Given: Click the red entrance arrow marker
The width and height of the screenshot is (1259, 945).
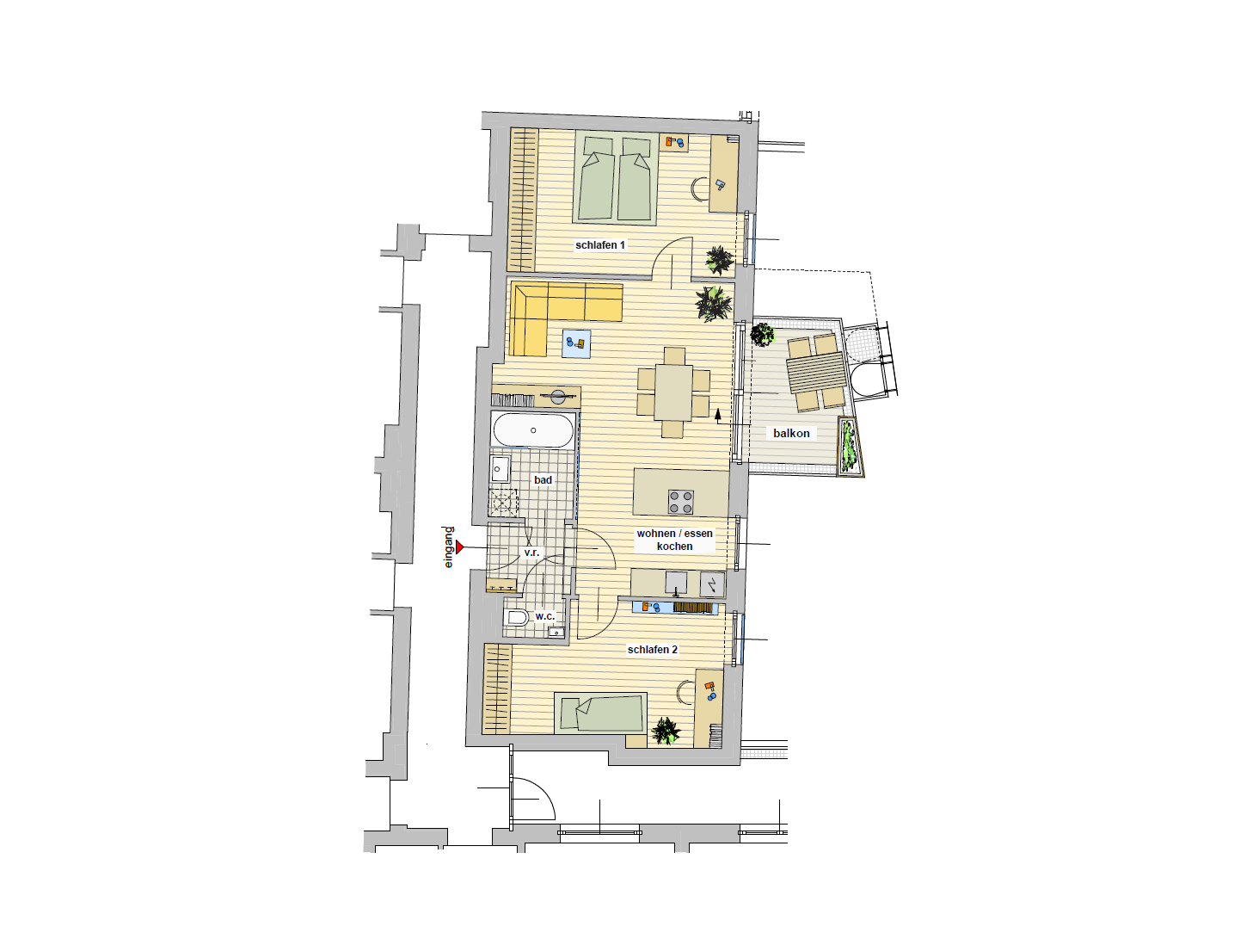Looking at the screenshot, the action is tap(459, 547).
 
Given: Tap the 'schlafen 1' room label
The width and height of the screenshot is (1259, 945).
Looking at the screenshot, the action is tap(600, 245).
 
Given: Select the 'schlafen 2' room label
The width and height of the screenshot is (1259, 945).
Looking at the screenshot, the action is tap(652, 650).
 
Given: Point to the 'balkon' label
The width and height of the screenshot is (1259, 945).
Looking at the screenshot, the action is tap(791, 433).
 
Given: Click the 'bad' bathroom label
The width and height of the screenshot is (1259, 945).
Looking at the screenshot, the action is tap(543, 479).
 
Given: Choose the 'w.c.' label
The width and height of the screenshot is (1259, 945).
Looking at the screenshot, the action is tap(544, 616).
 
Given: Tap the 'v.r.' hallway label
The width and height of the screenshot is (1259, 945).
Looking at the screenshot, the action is tap(531, 552).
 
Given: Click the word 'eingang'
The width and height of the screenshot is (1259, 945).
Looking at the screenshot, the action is tap(449, 547).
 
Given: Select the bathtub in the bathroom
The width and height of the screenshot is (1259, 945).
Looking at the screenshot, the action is tap(533, 429).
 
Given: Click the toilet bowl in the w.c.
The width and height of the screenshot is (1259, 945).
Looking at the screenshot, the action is tap(517, 617).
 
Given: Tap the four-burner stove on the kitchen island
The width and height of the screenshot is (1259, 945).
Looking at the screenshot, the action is tap(681, 502).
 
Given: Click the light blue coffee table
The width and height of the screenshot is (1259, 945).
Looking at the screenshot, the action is tap(576, 343).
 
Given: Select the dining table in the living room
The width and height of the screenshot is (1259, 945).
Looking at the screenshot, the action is tap(673, 392).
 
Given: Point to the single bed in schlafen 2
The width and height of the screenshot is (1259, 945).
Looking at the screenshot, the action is tap(600, 713).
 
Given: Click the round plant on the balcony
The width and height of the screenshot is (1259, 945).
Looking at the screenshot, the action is tap(762, 335).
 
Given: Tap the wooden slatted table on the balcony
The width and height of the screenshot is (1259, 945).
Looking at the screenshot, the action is tap(817, 373).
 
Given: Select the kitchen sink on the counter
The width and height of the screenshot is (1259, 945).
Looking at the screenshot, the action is tap(676, 583).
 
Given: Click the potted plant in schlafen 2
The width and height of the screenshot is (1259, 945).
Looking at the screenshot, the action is tap(666, 731).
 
